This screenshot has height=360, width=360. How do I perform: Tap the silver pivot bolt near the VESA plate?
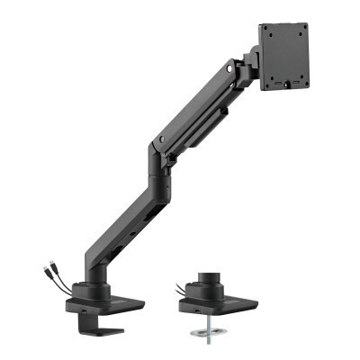click(x=236, y=67)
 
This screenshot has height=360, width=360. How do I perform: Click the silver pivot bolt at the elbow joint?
click(x=160, y=140)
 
